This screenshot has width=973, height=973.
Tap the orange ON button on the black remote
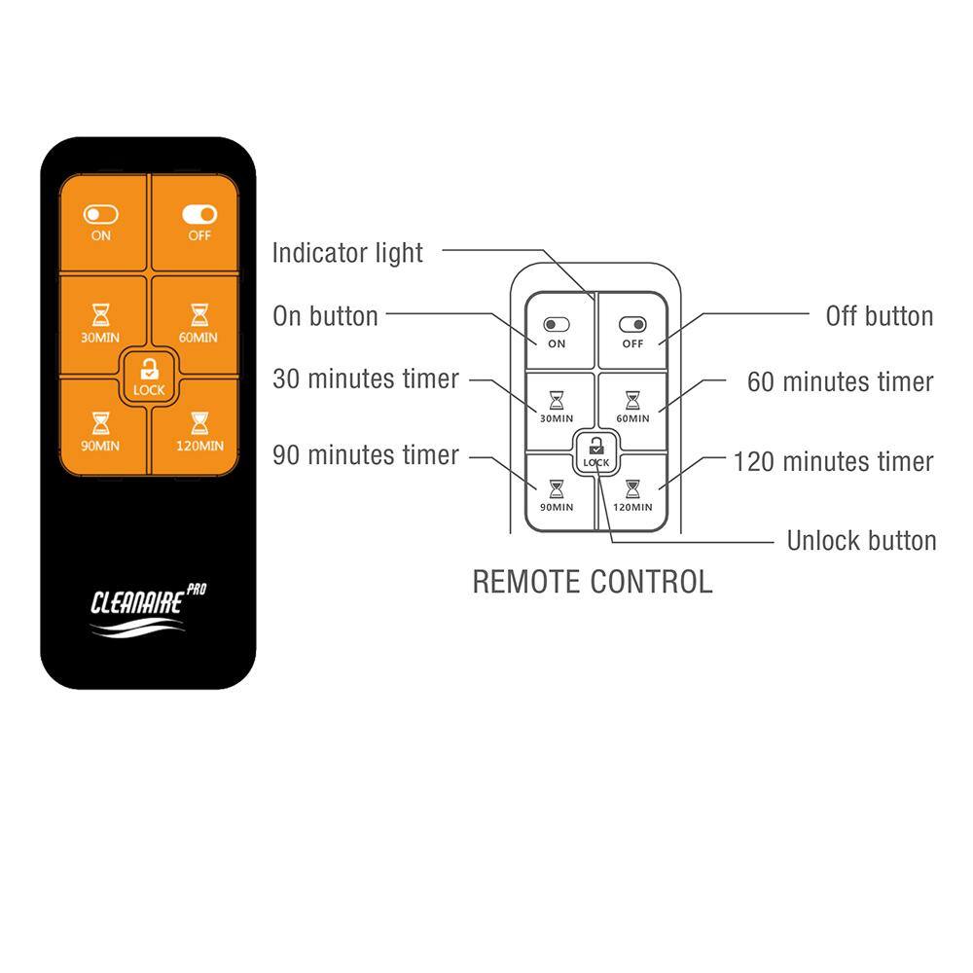101,223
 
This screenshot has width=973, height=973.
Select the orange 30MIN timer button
101,322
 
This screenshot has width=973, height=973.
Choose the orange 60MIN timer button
198,322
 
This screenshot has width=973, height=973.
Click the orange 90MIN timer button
101,430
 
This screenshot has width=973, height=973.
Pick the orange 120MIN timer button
198,430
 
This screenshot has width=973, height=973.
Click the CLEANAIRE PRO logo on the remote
148,612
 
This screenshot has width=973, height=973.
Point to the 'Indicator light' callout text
347,253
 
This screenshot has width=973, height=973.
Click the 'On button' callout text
325,316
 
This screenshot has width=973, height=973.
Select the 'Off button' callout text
879,316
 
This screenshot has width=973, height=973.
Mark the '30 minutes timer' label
365,379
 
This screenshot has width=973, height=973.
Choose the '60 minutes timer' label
840,382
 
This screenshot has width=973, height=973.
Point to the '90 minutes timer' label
365,455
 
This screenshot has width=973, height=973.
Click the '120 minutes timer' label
833,461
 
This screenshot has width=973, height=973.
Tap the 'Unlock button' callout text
861,541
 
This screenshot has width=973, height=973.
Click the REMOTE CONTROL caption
592,582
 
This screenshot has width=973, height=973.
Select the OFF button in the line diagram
633,331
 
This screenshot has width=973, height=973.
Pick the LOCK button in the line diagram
595,451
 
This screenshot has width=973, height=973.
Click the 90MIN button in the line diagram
557,492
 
